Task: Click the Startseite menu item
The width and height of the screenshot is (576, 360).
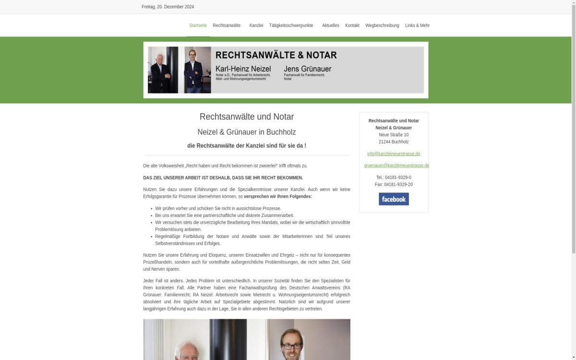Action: pyautogui.click(x=198, y=25)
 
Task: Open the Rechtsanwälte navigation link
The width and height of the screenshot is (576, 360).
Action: pyautogui.click(x=227, y=25)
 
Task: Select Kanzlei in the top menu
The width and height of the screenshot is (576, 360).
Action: pyautogui.click(x=256, y=25)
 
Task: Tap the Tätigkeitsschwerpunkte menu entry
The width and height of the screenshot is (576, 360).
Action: pyautogui.click(x=291, y=25)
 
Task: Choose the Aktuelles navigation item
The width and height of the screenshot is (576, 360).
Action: pyautogui.click(x=330, y=25)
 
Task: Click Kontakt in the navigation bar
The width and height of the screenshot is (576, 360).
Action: pyautogui.click(x=352, y=25)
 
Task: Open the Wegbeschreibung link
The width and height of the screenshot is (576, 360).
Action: pyautogui.click(x=382, y=25)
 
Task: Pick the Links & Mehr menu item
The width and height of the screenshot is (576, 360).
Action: pyautogui.click(x=417, y=25)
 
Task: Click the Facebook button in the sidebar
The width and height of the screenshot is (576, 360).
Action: pyautogui.click(x=394, y=199)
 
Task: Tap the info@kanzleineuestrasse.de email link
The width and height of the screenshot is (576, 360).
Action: pyautogui.click(x=394, y=154)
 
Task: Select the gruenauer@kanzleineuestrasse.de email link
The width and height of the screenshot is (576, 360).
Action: pyautogui.click(x=396, y=166)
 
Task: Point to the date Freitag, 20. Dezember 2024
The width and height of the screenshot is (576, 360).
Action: pyautogui.click(x=168, y=7)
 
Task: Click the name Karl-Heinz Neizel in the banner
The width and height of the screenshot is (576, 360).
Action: pyautogui.click(x=243, y=69)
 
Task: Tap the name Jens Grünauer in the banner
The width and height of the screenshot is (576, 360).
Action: pyautogui.click(x=307, y=69)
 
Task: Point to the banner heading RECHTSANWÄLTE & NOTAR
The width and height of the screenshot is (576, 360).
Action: pyautogui.click(x=276, y=55)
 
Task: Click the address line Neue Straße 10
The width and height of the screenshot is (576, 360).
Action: pyautogui.click(x=394, y=135)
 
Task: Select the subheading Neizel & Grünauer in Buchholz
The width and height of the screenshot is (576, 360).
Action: pyautogui.click(x=247, y=132)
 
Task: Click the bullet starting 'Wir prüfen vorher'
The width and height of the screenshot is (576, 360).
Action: pyautogui.click(x=218, y=208)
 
